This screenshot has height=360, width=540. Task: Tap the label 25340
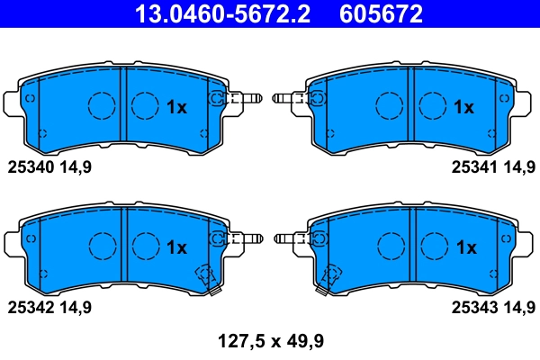(31, 166)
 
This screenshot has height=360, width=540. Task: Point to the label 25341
(472, 166)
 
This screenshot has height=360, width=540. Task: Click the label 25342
(31, 308)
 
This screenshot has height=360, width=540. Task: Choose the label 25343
(472, 308)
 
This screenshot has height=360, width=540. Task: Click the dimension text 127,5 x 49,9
(271, 340)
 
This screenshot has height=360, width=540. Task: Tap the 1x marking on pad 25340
(176, 108)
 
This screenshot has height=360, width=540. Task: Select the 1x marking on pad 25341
(463, 108)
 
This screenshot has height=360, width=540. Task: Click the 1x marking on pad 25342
(176, 247)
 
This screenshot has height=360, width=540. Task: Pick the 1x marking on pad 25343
(465, 247)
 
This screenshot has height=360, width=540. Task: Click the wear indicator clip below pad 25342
(206, 278)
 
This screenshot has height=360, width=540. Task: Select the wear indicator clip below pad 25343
(334, 278)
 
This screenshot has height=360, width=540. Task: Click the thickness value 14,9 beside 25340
(76, 166)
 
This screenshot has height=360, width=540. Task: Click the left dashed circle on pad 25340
(102, 106)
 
